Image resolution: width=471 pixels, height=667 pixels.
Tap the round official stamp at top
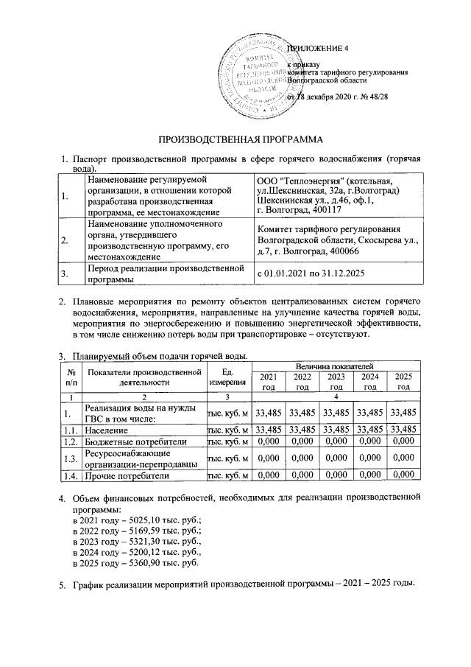point(261,71)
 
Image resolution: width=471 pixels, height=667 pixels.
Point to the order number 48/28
point(377,97)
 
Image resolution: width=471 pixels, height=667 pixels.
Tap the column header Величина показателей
point(336,366)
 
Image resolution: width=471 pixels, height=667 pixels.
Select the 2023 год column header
point(336,382)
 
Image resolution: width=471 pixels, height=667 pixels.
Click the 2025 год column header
point(403,382)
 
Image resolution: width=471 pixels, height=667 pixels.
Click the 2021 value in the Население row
point(268,429)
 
